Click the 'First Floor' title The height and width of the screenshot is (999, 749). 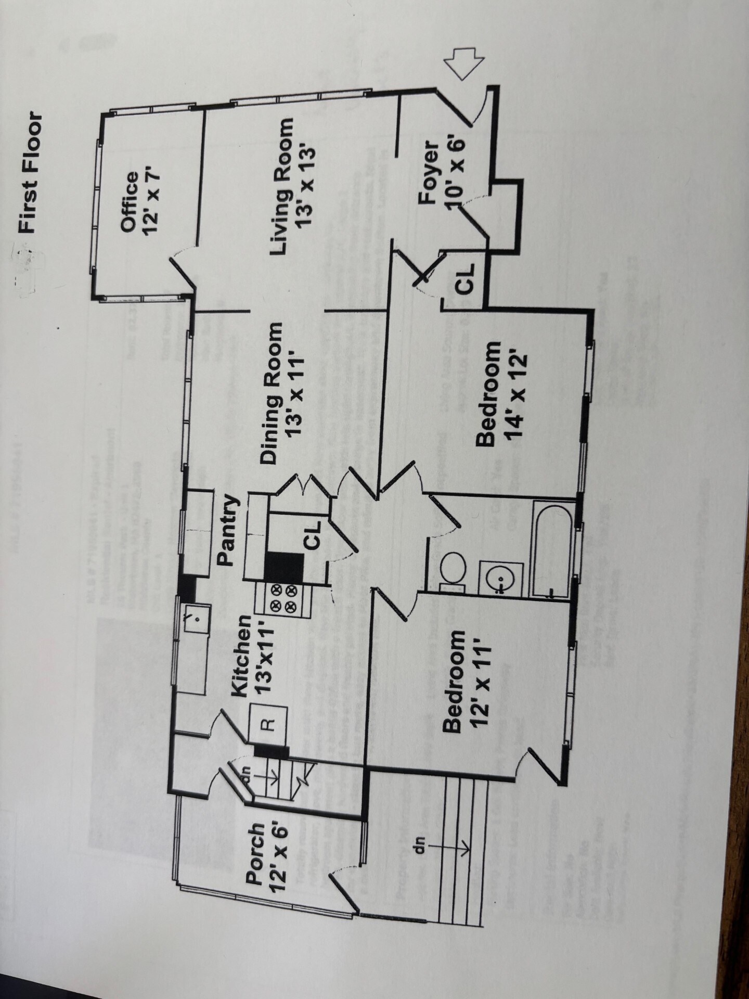[30, 172]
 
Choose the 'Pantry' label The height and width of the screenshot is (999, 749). [227, 530]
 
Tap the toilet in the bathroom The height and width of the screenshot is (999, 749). [450, 568]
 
